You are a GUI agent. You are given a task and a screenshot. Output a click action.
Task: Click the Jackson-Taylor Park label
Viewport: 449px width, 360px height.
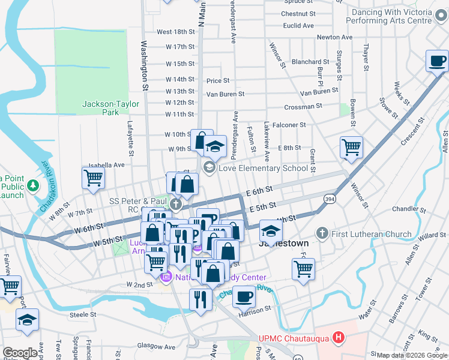pyautogui.click(x=101, y=108)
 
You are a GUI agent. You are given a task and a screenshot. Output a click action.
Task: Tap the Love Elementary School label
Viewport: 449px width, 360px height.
pyautogui.click(x=263, y=168)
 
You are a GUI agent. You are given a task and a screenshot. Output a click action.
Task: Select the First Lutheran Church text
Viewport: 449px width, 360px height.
pyautogui.click(x=372, y=234)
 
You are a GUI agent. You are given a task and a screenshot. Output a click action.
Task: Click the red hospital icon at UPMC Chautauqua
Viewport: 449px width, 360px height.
pyautogui.click(x=339, y=338)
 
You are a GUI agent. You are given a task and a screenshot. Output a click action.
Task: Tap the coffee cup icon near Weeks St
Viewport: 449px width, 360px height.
pyautogui.click(x=436, y=61)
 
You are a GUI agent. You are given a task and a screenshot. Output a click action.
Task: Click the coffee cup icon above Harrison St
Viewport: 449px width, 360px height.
pyautogui.click(x=243, y=296)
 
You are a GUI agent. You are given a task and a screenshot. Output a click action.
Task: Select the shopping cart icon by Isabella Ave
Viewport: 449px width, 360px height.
pyautogui.click(x=93, y=178)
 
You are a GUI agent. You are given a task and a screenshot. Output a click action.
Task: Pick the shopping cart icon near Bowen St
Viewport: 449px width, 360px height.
pyautogui.click(x=351, y=147)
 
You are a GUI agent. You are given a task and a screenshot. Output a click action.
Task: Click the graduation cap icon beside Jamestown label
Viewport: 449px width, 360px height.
pyautogui.click(x=271, y=231)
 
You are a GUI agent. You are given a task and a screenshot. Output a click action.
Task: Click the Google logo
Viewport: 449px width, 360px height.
pyautogui.click(x=21, y=353)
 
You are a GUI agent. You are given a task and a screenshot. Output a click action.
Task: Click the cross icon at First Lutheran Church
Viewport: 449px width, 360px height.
pyautogui.click(x=322, y=233)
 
